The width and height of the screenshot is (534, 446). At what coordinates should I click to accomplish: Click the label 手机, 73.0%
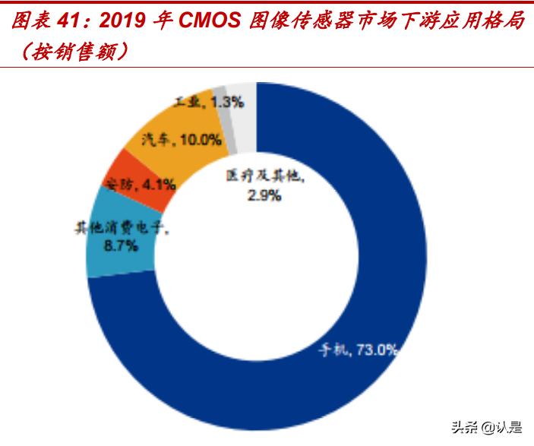[357, 350]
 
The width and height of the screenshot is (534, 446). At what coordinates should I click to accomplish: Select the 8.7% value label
[121, 245]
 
